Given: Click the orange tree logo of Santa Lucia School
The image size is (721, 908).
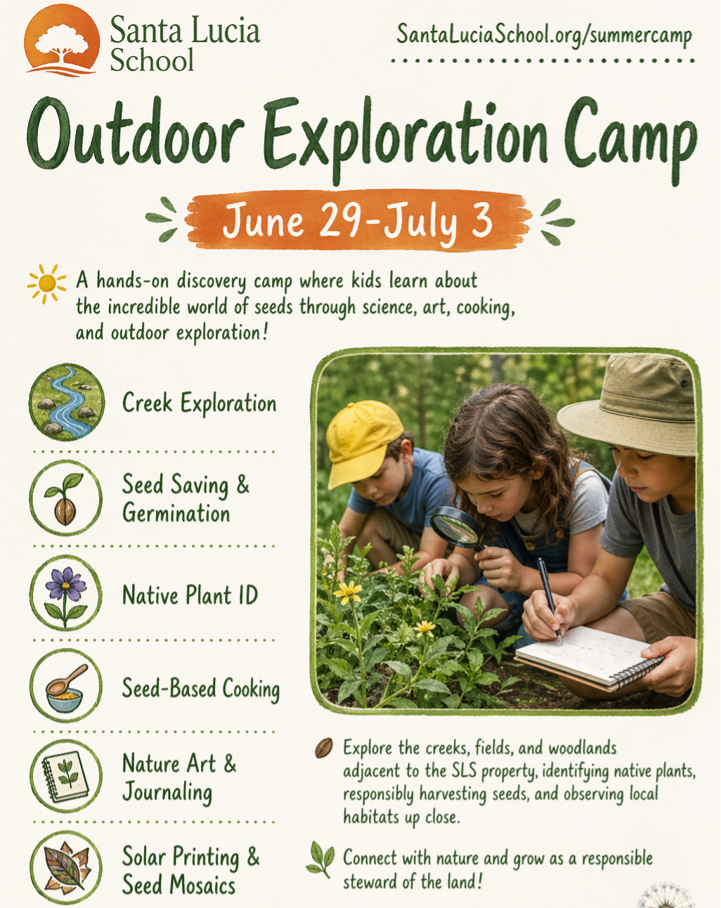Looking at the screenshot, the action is click(x=62, y=41).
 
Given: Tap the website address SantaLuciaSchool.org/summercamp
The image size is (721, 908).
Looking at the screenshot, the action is click(x=544, y=35).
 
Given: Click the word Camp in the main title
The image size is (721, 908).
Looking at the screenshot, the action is click(x=630, y=138).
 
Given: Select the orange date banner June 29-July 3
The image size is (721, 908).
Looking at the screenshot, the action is click(x=358, y=221).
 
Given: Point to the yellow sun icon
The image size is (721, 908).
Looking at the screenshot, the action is click(x=46, y=283).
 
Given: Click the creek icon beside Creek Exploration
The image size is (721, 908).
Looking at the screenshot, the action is click(x=66, y=402).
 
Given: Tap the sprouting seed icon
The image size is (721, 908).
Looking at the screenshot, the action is click(x=66, y=498).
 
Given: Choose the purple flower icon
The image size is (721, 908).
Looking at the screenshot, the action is click(x=66, y=593).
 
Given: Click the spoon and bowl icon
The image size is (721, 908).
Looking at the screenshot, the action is click(x=66, y=686).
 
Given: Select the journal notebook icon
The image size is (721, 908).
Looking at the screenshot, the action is click(x=66, y=777).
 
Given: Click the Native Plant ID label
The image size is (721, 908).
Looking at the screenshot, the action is click(x=190, y=595).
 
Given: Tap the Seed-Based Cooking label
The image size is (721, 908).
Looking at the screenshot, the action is click(x=201, y=689).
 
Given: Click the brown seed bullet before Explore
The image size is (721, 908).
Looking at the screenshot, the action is click(x=323, y=748).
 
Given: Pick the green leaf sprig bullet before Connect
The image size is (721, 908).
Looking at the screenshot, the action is click(x=320, y=859).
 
